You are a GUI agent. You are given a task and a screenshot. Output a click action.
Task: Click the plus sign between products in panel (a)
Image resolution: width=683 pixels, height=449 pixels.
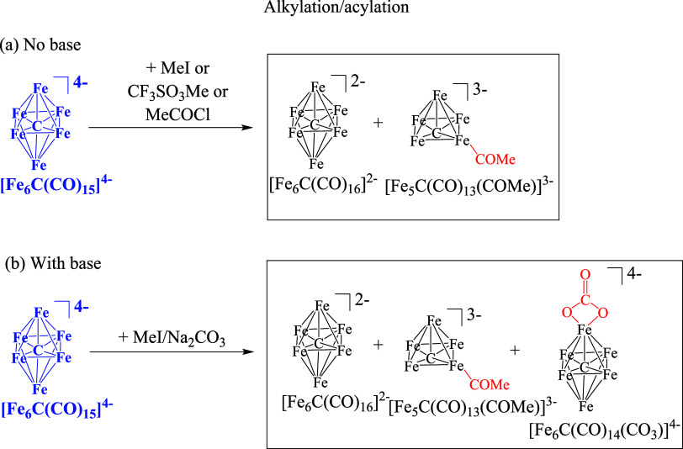coord(378,123)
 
